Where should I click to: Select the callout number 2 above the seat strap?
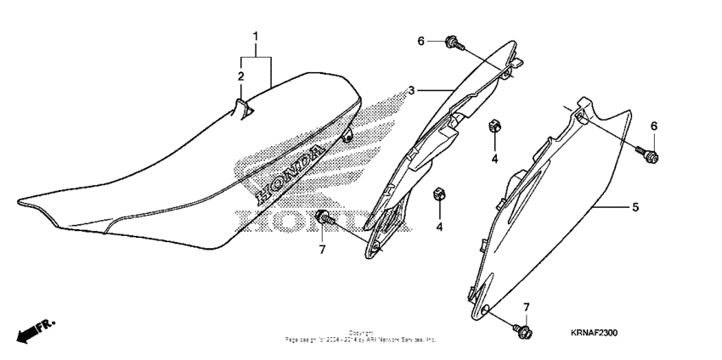(x=240, y=76)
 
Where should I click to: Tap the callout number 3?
(x=411, y=90)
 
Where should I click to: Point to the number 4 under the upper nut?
(x=493, y=158)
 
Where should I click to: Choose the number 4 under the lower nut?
(x=440, y=227)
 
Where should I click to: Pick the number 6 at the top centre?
(x=420, y=41)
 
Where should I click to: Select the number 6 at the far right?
(x=654, y=126)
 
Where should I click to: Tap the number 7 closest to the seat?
(x=322, y=249)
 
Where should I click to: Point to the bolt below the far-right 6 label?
(x=651, y=154)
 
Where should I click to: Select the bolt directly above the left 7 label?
(x=324, y=219)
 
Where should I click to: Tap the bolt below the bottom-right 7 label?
(x=522, y=329)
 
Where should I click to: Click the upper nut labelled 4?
(x=493, y=128)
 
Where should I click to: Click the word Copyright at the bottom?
(x=360, y=333)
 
